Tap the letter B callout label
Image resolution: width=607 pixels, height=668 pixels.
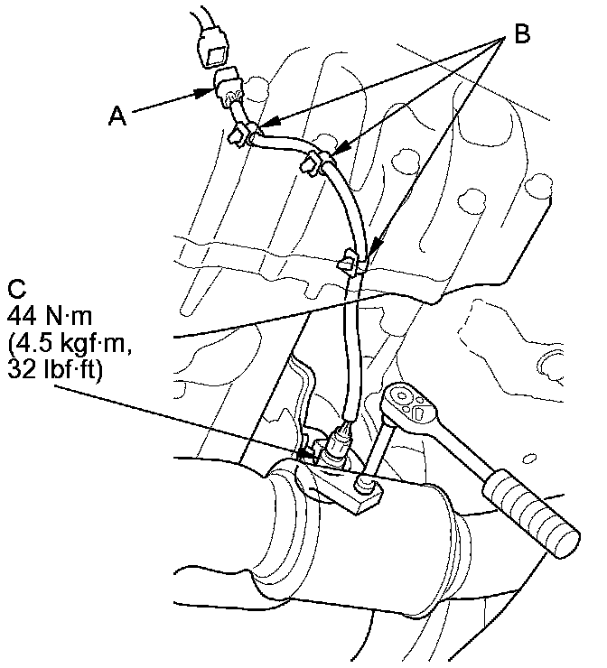coord(521,34)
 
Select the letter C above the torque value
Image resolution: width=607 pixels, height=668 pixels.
coord(15,290)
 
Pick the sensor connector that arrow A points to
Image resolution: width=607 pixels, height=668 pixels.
coord(228,88)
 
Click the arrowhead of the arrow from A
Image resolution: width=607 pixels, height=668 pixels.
coord(209,90)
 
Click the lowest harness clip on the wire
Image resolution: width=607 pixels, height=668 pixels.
coord(350,264)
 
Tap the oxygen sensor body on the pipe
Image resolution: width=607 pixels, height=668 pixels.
coord(336,448)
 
